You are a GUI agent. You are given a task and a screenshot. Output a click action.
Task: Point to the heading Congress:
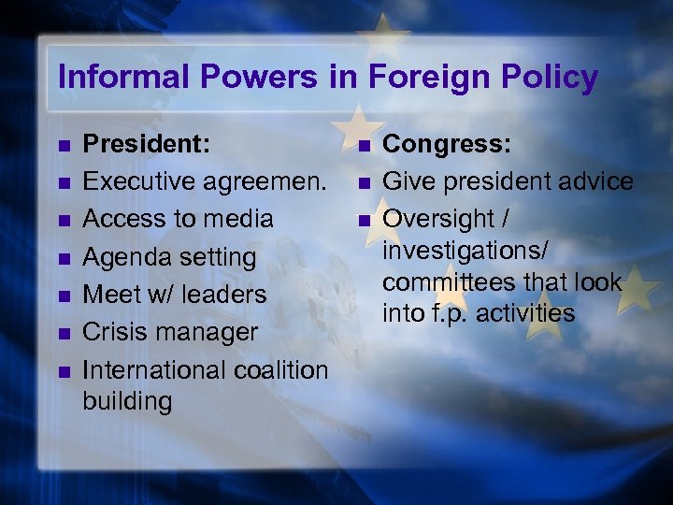point(446,143)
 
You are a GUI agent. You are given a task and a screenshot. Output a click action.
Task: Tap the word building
point(126,402)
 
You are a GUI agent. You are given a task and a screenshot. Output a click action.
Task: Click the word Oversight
point(440,219)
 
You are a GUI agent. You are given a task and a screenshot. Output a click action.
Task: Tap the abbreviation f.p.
point(451,313)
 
